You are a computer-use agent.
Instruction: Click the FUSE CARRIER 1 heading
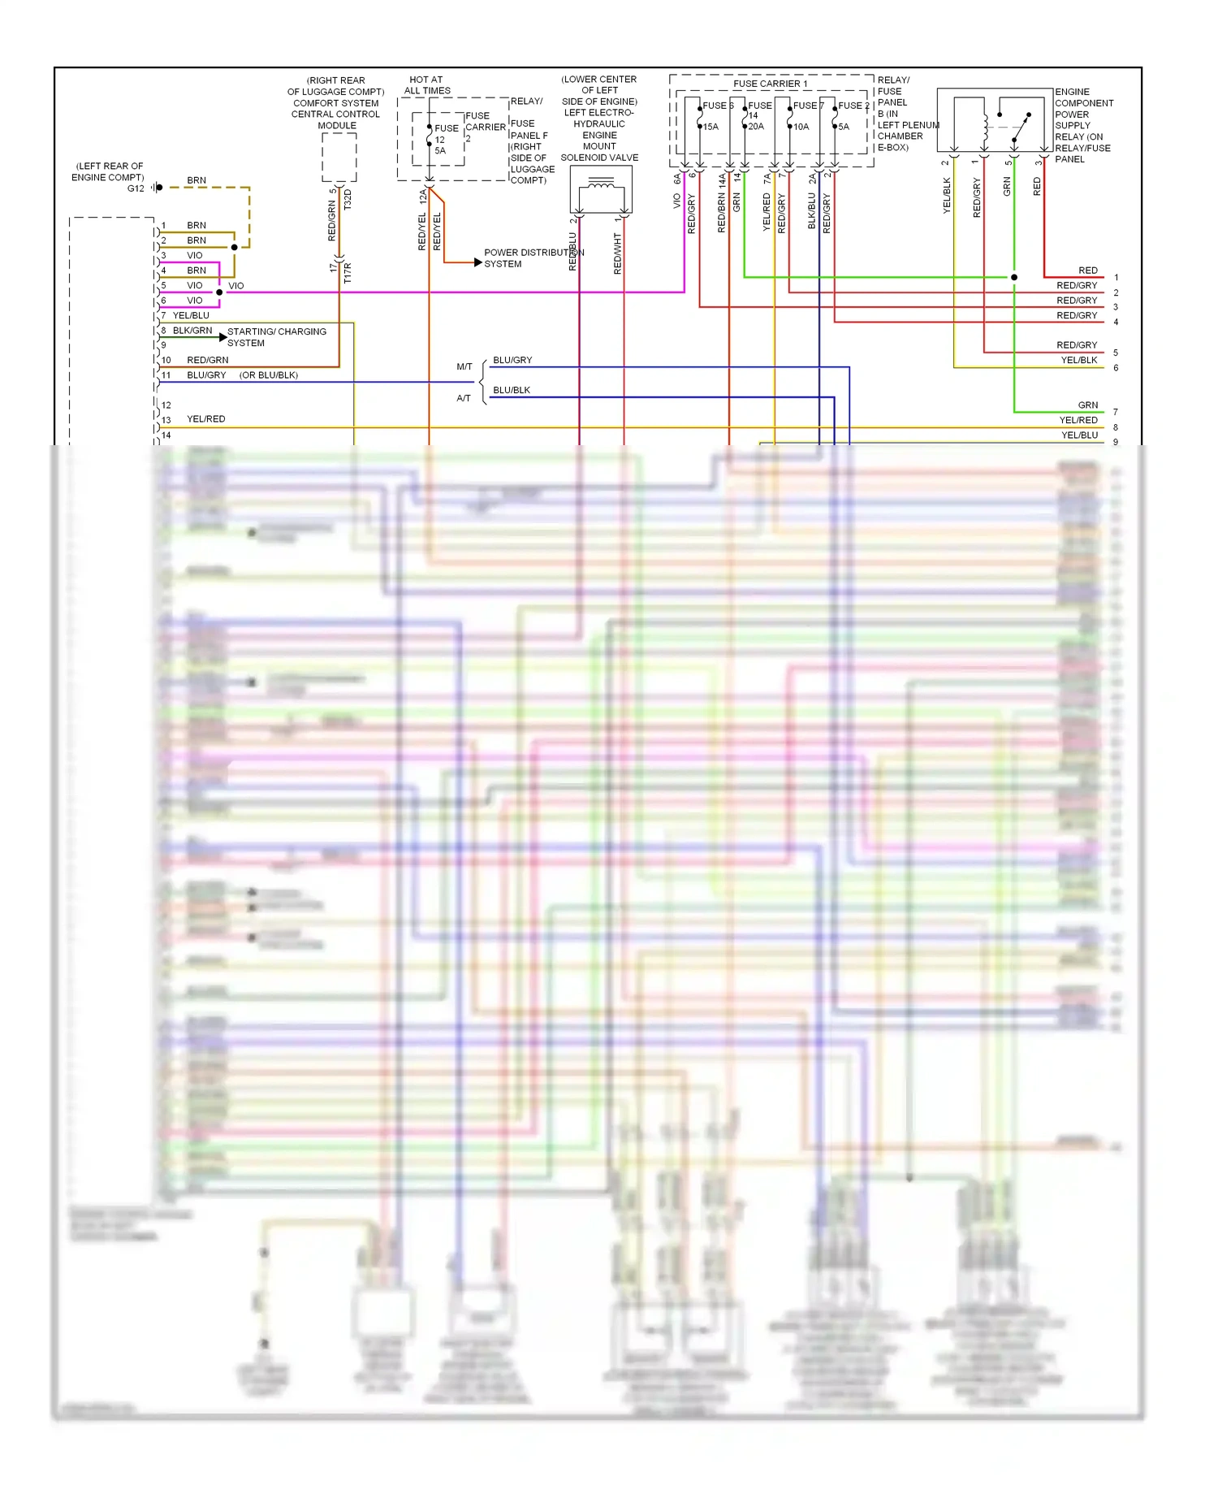pyautogui.click(x=770, y=84)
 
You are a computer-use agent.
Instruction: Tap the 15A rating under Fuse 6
pyautogui.click(x=710, y=127)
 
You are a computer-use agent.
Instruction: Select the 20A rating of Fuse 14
pyautogui.click(x=756, y=127)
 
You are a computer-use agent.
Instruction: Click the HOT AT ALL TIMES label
pyautogui.click(x=426, y=85)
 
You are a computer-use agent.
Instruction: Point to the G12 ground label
pyautogui.click(x=135, y=188)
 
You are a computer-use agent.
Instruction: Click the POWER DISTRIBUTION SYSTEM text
pyautogui.click(x=532, y=258)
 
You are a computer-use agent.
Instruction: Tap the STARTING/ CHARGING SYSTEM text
pyautogui.click(x=276, y=337)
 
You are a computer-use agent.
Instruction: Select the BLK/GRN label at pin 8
pyautogui.click(x=192, y=331)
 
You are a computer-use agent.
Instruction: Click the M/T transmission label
pyautogui.click(x=464, y=367)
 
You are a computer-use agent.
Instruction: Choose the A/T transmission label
pyautogui.click(x=464, y=398)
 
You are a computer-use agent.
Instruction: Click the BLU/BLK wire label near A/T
pyautogui.click(x=512, y=390)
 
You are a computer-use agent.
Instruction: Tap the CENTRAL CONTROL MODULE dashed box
pyautogui.click(x=339, y=157)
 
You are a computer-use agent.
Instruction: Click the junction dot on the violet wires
pyautogui.click(x=219, y=292)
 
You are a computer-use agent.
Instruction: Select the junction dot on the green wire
pyautogui.click(x=1014, y=277)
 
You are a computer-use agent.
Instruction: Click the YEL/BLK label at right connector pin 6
pyautogui.click(x=1078, y=361)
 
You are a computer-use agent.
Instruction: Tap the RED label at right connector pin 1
pyautogui.click(x=1087, y=271)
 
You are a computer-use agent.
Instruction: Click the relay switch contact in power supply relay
pyautogui.click(x=1021, y=128)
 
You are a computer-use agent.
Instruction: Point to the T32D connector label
pyautogui.click(x=348, y=200)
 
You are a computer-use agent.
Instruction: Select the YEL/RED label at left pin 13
pyautogui.click(x=206, y=419)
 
